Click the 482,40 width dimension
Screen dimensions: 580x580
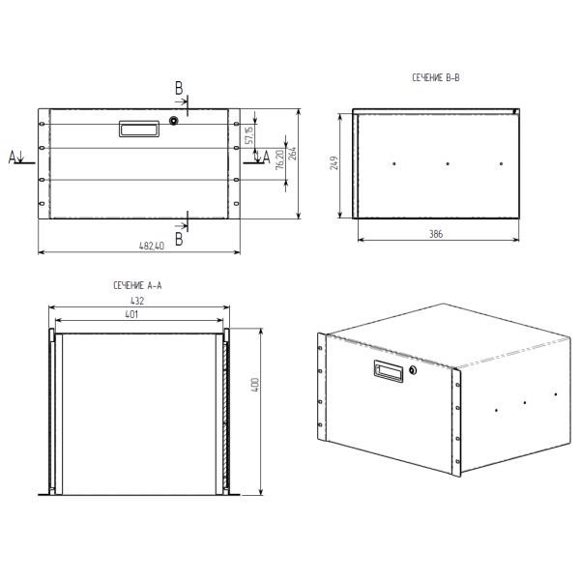[152, 246]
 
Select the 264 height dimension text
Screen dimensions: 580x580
[292, 154]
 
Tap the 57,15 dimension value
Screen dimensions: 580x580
[249, 135]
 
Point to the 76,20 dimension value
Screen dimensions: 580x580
[280, 159]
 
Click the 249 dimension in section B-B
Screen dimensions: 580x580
[334, 163]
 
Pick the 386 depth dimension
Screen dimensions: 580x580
[436, 234]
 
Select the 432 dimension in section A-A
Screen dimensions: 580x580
[137, 301]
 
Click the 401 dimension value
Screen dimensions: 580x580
[131, 314]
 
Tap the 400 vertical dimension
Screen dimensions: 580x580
[255, 385]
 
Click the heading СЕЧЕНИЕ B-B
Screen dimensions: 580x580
[436, 77]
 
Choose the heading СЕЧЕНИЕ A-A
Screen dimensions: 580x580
[137, 285]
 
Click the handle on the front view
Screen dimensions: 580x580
[139, 129]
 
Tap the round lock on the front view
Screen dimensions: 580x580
[173, 121]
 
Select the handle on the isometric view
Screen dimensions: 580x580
[389, 371]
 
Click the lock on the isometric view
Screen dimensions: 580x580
[413, 370]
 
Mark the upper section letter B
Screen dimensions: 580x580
[179, 88]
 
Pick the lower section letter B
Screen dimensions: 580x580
[179, 240]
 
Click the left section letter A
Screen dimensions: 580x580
[13, 157]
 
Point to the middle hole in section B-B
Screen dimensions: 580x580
[448, 163]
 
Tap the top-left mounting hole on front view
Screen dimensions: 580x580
[42, 124]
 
